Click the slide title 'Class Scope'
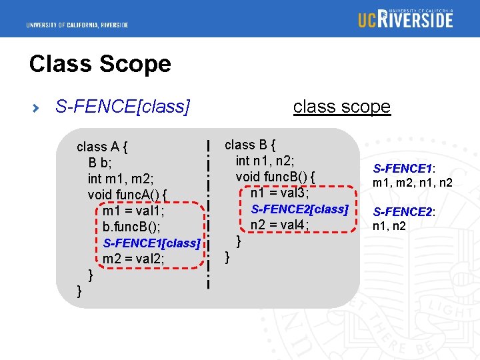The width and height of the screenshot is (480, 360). (x=100, y=64)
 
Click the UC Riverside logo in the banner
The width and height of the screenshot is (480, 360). (x=405, y=18)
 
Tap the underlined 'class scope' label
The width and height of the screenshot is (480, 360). (x=341, y=107)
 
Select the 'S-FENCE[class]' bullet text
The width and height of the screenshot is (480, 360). (x=123, y=107)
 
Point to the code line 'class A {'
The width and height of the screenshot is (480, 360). (x=103, y=147)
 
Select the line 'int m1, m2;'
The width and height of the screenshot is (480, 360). (x=121, y=179)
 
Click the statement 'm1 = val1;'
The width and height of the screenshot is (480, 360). (x=133, y=211)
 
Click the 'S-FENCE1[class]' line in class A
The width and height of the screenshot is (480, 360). (x=151, y=243)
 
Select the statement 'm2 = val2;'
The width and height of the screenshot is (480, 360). (x=133, y=259)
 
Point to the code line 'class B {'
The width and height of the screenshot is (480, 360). (x=250, y=145)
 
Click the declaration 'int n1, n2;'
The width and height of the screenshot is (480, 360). (x=265, y=161)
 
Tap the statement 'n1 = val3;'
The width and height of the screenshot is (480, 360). (x=279, y=193)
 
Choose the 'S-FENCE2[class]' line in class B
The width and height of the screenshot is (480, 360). (x=299, y=209)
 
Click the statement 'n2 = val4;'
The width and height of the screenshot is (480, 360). (x=279, y=225)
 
